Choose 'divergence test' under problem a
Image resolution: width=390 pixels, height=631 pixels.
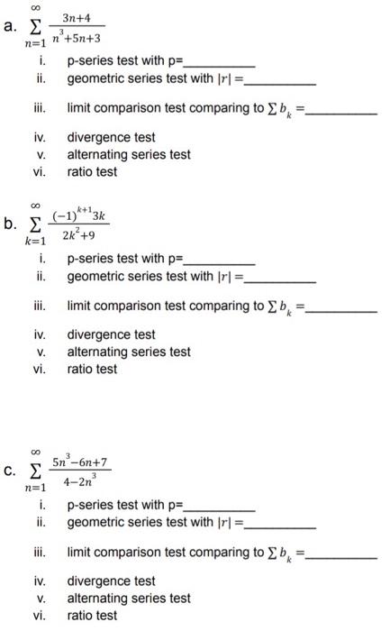[111, 138]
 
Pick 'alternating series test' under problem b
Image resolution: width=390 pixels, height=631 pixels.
[129, 352]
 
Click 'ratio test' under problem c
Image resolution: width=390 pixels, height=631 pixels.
[92, 616]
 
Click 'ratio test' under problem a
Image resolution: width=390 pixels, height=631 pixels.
[92, 171]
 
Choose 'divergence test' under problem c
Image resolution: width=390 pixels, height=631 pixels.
[111, 581]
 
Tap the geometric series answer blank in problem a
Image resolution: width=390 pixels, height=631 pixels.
[280, 83]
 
